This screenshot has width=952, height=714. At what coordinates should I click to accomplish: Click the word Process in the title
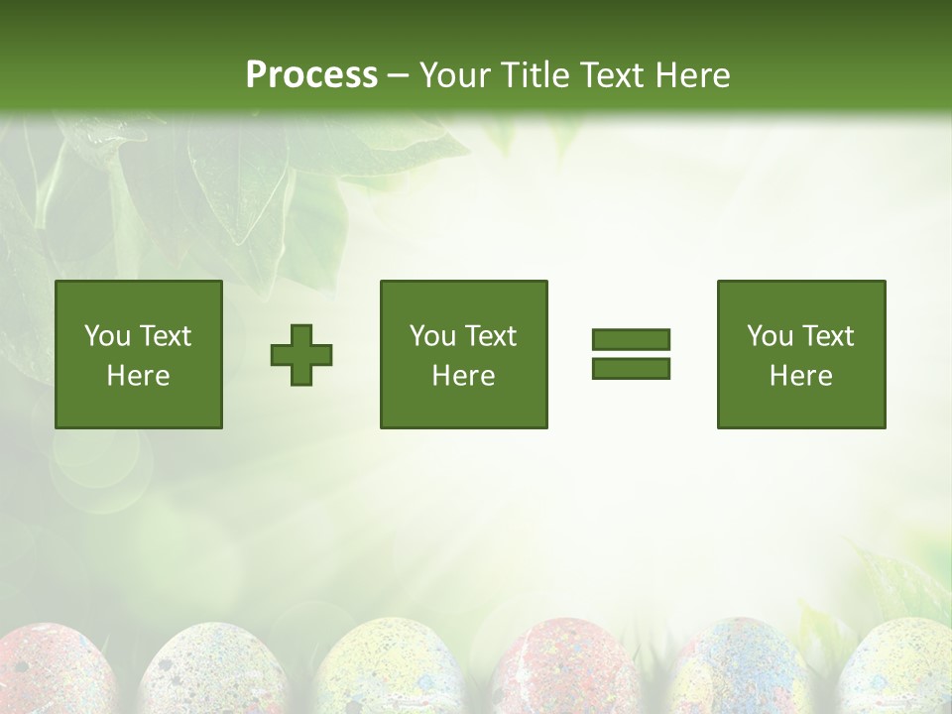tap(311, 75)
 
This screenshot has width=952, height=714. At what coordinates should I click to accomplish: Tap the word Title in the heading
tap(536, 75)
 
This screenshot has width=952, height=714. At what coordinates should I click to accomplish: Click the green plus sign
tap(301, 354)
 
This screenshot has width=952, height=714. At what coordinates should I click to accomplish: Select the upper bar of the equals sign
tap(631, 340)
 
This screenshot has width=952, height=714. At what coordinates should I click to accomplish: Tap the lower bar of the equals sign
tap(631, 368)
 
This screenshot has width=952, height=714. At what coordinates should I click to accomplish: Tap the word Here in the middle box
tap(464, 376)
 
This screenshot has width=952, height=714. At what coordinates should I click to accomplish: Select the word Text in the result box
tap(828, 336)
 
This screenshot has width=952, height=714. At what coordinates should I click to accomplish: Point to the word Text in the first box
tap(165, 336)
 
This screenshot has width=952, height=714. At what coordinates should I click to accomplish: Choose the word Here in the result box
tap(801, 376)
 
